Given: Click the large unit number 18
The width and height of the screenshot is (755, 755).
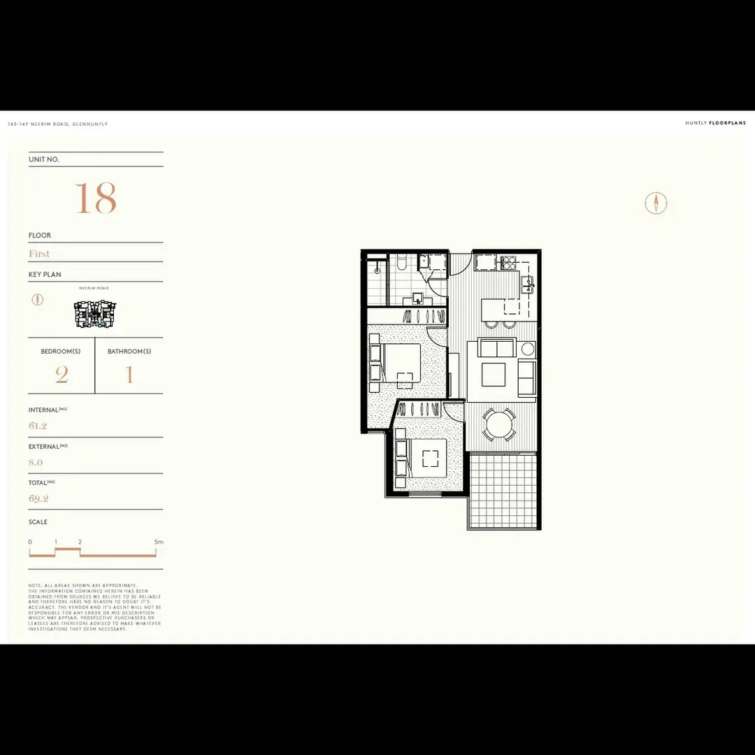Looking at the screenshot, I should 96,199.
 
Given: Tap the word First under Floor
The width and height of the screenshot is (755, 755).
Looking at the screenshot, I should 39,254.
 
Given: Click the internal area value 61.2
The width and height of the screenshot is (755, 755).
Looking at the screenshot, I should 38,426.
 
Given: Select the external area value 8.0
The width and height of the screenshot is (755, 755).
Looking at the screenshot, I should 36,462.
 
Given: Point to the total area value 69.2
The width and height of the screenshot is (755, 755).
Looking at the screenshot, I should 38,498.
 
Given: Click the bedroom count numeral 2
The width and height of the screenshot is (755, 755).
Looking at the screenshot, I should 62,375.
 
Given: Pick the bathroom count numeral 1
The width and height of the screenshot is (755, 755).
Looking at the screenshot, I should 129,375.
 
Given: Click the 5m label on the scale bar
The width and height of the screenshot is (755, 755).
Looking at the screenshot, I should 159,542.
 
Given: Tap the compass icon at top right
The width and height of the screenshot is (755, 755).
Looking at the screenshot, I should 656,203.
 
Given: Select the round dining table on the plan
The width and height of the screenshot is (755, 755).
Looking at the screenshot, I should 501,424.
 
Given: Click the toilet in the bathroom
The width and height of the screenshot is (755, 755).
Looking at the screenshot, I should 401,264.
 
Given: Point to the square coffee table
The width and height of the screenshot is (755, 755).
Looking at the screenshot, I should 494,375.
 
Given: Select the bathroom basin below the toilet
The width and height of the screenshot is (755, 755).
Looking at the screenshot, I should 417,299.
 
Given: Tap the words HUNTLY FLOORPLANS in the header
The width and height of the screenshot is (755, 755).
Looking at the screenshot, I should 715,123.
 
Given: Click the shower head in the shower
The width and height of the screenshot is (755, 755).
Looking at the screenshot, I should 377,266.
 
